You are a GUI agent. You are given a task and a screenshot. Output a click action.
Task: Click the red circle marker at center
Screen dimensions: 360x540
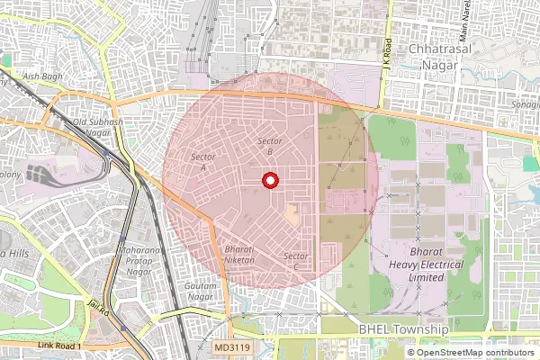tap(268, 181)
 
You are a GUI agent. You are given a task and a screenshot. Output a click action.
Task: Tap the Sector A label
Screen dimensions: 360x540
tap(199, 162)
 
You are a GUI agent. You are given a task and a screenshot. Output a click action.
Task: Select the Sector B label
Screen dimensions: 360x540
tap(270, 147)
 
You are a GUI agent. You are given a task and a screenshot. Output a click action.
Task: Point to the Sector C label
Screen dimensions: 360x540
tap(296, 262)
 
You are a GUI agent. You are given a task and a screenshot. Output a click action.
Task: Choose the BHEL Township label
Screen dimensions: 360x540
tap(403, 331)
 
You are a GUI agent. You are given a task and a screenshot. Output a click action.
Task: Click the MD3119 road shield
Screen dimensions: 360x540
tap(233, 346)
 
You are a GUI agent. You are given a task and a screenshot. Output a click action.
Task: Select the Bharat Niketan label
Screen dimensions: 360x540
tap(239, 254)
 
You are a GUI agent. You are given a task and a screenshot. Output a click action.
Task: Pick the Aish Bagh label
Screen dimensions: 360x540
tap(43, 77)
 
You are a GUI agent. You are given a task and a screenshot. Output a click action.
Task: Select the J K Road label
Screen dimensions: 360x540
tap(386, 51)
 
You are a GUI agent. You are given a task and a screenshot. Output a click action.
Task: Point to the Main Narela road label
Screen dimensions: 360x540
tap(465, 22)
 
